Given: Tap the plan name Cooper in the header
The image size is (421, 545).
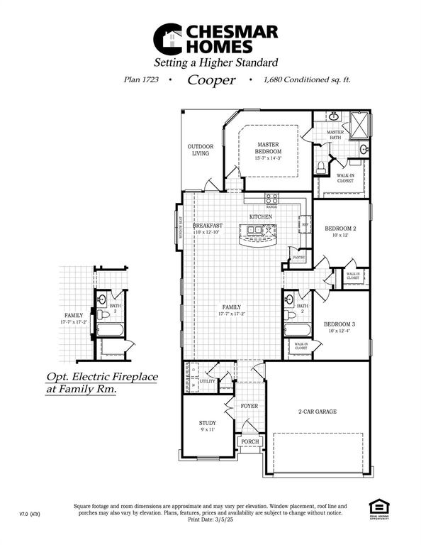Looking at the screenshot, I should pyautogui.click(x=211, y=80).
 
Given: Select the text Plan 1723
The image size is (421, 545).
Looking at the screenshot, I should pyautogui.click(x=140, y=80).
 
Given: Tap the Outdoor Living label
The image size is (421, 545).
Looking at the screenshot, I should pyautogui.click(x=201, y=150).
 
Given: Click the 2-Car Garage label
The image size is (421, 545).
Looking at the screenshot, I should pyautogui.click(x=316, y=411).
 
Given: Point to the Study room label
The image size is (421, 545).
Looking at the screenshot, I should pyautogui.click(x=208, y=426).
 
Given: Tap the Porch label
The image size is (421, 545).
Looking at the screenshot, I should pyautogui.click(x=249, y=441).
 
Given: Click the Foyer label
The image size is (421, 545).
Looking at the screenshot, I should pyautogui.click(x=249, y=407).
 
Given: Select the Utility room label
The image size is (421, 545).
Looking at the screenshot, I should pyautogui.click(x=207, y=381).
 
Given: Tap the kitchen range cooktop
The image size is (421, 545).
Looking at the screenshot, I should pyautogui.click(x=272, y=199).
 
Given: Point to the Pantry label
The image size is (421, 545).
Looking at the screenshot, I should pyautogui.click(x=298, y=258).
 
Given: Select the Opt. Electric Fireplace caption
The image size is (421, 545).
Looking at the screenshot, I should pyautogui.click(x=102, y=383).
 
